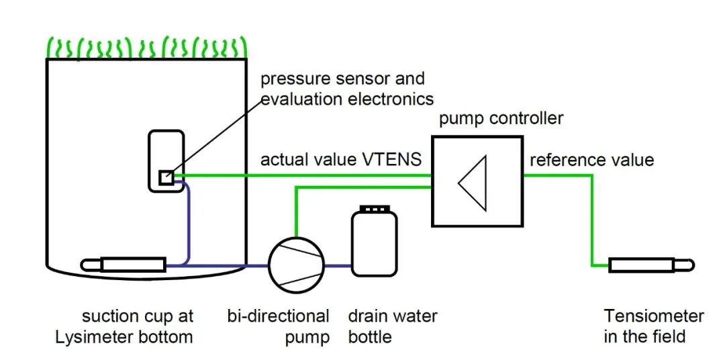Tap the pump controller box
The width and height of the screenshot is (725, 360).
click(477, 181)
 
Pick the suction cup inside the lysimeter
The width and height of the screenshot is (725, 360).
click(132, 264)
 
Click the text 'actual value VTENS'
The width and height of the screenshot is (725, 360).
click(341, 160)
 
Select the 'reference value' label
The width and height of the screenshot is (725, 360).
click(591, 160)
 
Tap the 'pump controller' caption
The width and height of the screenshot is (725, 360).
click(501, 119)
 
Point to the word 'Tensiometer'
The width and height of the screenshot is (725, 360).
click(654, 316)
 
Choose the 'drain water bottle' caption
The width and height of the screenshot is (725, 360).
click(393, 326)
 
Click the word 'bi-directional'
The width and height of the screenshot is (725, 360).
click(279, 316)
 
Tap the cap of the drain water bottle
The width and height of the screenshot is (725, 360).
click(373, 210)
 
